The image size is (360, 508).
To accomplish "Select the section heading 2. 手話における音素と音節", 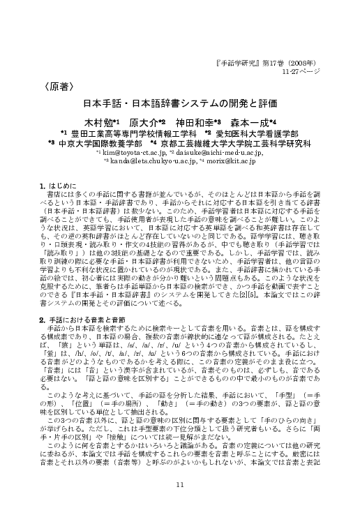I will pos(82,318).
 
